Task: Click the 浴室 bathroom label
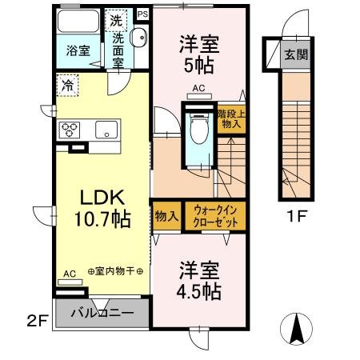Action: (x=78, y=50)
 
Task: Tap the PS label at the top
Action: (x=143, y=14)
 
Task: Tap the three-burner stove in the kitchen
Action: (x=69, y=129)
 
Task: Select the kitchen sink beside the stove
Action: (x=106, y=130)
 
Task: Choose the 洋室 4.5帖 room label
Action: (x=198, y=280)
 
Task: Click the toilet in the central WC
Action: (x=198, y=128)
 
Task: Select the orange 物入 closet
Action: (x=166, y=216)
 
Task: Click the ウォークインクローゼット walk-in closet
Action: (x=214, y=216)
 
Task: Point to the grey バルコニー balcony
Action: (x=102, y=313)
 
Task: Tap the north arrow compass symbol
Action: (x=295, y=328)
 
